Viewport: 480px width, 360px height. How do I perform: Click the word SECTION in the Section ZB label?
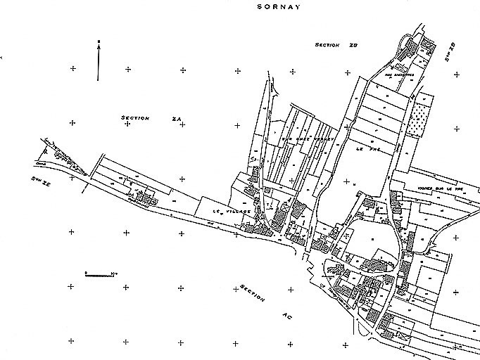coord(328,45)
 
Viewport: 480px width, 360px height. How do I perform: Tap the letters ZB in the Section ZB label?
coord(354,45)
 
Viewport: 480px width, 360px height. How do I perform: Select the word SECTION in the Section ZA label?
coord(135,118)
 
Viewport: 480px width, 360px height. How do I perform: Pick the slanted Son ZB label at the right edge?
coord(450,52)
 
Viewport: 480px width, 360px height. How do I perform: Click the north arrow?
coord(99,60)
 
